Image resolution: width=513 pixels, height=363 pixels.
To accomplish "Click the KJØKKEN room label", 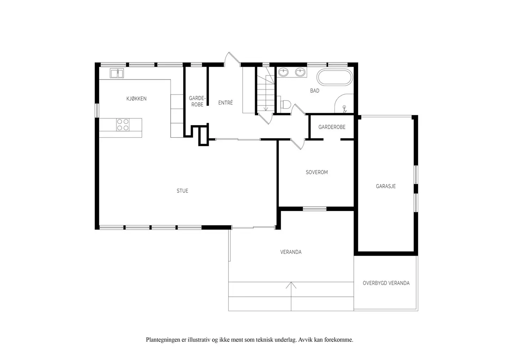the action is click(136, 99).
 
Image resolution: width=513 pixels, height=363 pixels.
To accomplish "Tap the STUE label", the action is click(182, 191).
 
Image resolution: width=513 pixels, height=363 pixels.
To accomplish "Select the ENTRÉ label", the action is click(226, 103).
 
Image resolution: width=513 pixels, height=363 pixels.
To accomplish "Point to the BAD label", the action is click(315, 91).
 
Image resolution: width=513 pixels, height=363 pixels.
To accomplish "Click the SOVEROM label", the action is click(317, 172).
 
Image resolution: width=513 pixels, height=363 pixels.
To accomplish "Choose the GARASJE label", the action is click(386, 186).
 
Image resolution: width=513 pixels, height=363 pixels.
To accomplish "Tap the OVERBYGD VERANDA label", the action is click(386, 283).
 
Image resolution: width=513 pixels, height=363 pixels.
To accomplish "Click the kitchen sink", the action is click(117, 73).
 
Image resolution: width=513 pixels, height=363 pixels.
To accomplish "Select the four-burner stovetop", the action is click(123, 125).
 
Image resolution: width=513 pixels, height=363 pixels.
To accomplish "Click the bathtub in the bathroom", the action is click(335, 77).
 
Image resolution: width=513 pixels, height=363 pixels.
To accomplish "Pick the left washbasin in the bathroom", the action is click(284, 72).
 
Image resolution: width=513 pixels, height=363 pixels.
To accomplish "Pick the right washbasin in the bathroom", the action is click(300, 72).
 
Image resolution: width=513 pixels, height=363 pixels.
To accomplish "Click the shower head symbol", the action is click(344, 109).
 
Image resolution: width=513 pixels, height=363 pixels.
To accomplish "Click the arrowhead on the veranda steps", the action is click(291, 285).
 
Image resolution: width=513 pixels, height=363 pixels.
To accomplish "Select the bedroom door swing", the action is click(298, 144).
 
